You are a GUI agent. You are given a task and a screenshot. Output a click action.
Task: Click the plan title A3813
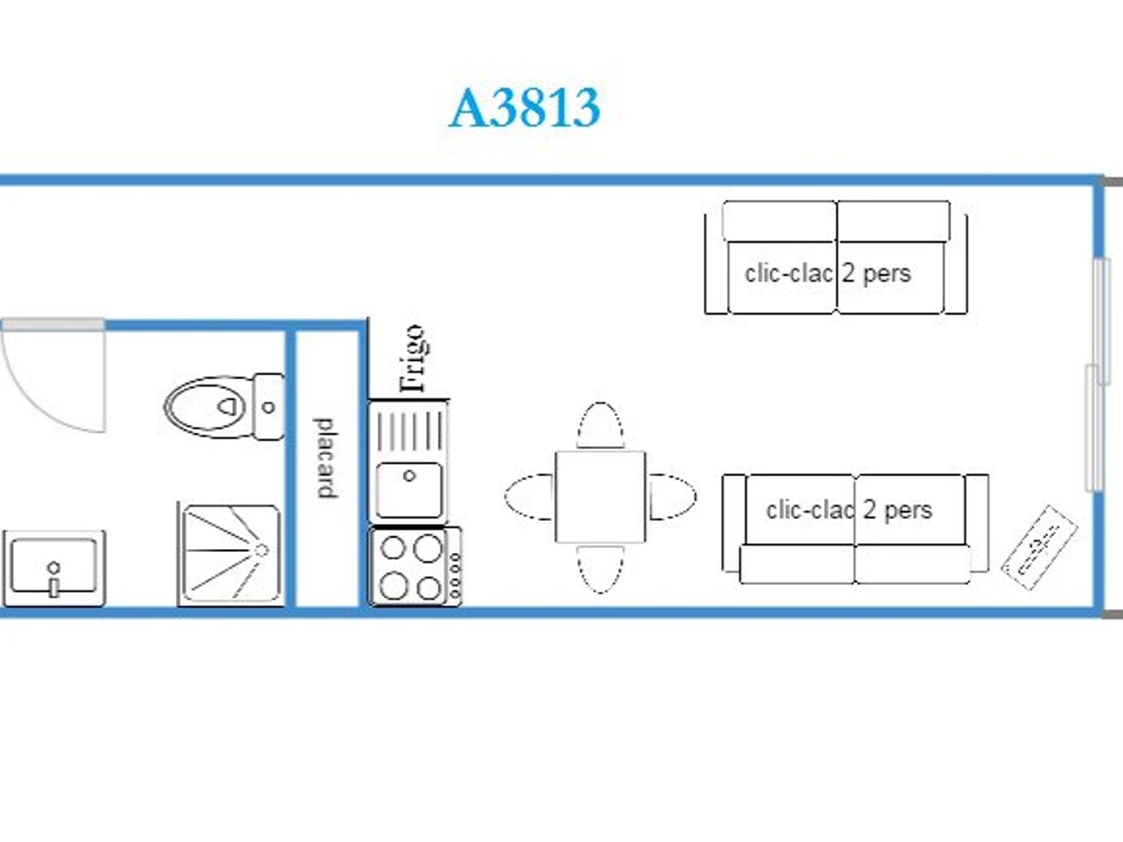pyautogui.click(x=524, y=109)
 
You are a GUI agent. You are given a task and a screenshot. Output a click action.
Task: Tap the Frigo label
pyautogui.click(x=412, y=358)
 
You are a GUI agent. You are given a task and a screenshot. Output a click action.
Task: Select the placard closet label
pyautogui.click(x=325, y=457)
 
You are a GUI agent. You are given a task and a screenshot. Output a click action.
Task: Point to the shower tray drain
pyautogui.click(x=261, y=549)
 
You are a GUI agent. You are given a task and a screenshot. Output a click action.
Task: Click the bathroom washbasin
pyautogui.click(x=53, y=567)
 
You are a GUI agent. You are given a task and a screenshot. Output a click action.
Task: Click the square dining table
pyautogui.click(x=600, y=496)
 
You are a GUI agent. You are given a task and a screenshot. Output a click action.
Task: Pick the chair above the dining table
pyautogui.click(x=601, y=426)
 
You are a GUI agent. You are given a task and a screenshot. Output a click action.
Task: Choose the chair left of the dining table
pyautogui.click(x=530, y=496)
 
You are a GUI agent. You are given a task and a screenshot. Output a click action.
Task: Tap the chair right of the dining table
pyautogui.click(x=672, y=496)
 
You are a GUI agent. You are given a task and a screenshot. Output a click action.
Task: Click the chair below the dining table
pyautogui.click(x=600, y=568)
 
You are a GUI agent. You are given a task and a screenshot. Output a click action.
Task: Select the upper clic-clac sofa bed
pyautogui.click(x=836, y=258)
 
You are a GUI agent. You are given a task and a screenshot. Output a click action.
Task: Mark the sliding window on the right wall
pyautogui.click(x=1097, y=374)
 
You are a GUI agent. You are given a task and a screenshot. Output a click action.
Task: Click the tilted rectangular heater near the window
pyautogui.click(x=1040, y=546)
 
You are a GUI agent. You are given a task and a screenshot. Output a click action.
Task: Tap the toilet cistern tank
pyautogui.click(x=269, y=407)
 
